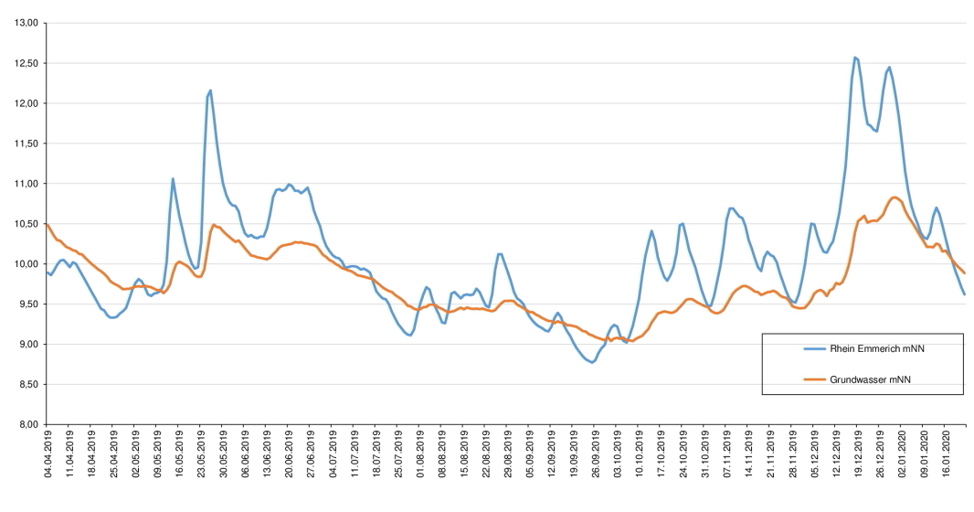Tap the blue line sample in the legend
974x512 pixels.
(817, 348)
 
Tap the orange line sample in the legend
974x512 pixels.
(817, 379)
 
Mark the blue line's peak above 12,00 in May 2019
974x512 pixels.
(210, 91)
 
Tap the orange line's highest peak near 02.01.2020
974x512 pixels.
(894, 197)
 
